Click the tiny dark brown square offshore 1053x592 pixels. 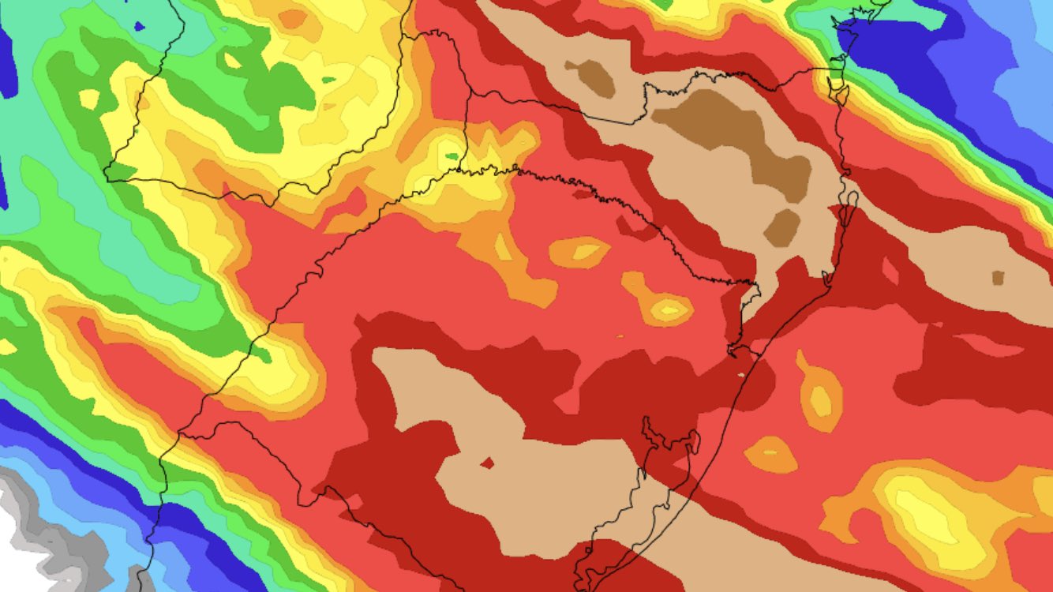[998, 278]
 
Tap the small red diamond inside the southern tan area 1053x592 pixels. [488, 463]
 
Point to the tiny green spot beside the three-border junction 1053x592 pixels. [452, 156]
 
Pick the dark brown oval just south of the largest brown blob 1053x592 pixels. [782, 227]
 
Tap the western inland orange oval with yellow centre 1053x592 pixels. [580, 252]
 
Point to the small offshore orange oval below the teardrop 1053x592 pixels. [771, 455]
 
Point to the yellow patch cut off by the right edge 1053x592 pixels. [1044, 493]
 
